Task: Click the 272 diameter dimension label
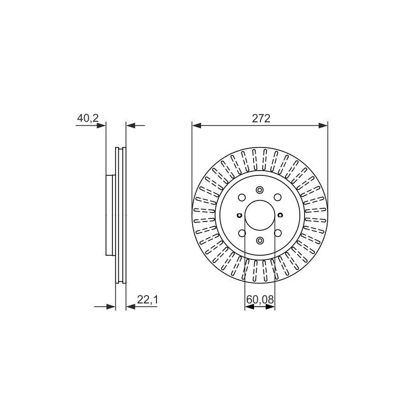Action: [261, 118]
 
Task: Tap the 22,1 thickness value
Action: [148, 300]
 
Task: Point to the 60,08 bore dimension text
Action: [260, 300]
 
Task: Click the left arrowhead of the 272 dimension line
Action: [197, 125]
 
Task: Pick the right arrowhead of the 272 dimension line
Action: [323, 125]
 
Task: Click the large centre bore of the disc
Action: [260, 215]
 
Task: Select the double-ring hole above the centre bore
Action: [260, 190]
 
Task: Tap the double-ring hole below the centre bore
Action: [260, 240]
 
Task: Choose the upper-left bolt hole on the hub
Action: [242, 198]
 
